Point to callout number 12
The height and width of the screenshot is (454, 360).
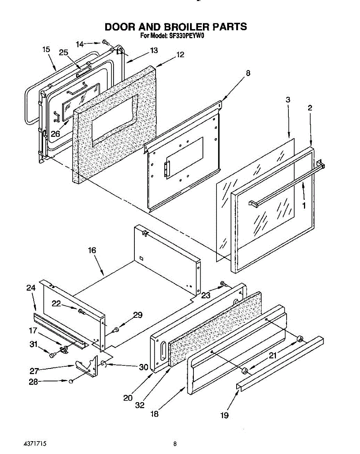tap(180, 54)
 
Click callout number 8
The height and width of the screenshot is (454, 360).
tap(248, 73)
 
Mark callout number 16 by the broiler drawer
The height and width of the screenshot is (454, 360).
tap(92, 250)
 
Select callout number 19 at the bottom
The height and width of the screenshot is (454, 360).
tap(224, 415)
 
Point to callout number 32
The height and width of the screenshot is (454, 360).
tap(140, 405)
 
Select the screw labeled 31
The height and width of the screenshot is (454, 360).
tap(53, 355)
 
